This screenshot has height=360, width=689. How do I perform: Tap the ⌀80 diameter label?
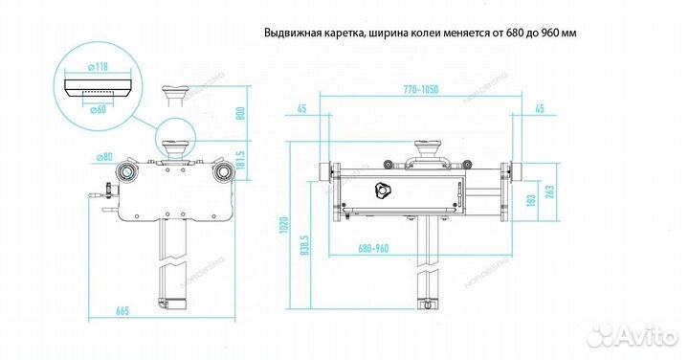(102, 157)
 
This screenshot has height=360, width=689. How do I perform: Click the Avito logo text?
(642, 335)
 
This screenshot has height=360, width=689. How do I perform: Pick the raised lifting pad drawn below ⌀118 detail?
(177, 94)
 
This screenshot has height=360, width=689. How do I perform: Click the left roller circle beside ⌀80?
(125, 171)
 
